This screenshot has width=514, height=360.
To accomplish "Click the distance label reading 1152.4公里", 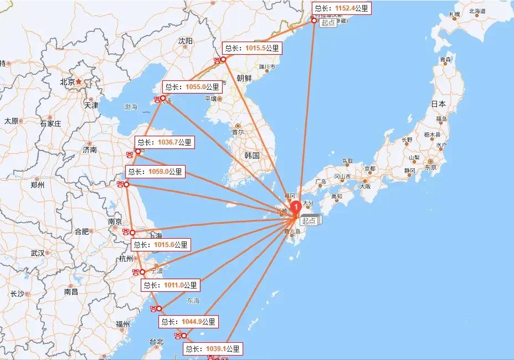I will (x=341, y=8).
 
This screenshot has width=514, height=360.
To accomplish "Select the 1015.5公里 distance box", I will (x=252, y=48).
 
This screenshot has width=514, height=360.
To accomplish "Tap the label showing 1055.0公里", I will (x=192, y=86).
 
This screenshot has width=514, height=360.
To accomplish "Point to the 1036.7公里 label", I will (x=164, y=142).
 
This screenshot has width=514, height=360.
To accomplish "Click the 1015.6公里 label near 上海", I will (x=161, y=244).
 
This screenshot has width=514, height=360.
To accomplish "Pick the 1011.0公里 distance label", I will (x=169, y=285).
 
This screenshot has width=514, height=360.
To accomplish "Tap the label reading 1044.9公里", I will (x=188, y=321).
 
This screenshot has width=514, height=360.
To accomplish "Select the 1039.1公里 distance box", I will (x=213, y=349).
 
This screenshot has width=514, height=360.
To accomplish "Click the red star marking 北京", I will (x=79, y=81).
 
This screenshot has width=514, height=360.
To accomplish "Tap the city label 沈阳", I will (x=185, y=41).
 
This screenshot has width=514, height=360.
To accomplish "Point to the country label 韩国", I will (x=251, y=156).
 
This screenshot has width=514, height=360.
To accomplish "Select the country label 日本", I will (x=439, y=104).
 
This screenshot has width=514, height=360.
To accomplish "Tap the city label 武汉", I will (x=38, y=253).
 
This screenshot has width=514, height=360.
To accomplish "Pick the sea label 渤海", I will (x=131, y=106).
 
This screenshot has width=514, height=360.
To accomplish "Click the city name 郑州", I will (x=38, y=185).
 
